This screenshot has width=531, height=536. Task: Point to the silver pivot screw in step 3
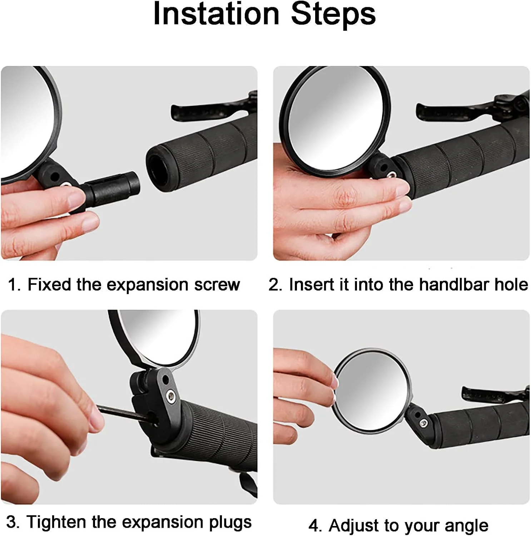coord(171,396)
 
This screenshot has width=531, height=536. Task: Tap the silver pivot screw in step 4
coord(424,423)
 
